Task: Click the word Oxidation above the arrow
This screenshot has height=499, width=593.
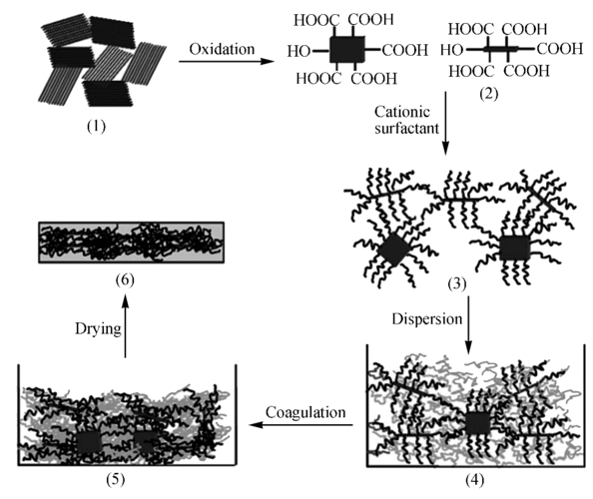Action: (x=222, y=49)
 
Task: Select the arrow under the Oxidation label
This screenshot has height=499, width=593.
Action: (x=226, y=61)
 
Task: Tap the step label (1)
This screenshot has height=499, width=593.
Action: (x=96, y=127)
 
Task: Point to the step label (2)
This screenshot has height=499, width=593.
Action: (x=488, y=94)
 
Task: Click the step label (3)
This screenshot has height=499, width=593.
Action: (x=457, y=283)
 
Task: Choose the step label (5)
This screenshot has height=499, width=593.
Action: (x=116, y=479)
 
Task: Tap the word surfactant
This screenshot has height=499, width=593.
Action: (x=406, y=129)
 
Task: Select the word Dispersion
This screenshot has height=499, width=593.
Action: (x=427, y=319)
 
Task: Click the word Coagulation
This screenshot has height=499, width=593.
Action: (x=305, y=412)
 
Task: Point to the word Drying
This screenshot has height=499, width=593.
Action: (x=98, y=329)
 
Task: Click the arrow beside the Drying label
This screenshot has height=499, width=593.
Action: (x=125, y=326)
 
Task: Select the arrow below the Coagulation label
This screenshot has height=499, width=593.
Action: (x=300, y=425)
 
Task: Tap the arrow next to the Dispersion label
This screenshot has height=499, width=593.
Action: (x=468, y=325)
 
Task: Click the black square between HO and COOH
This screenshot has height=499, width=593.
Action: (x=347, y=50)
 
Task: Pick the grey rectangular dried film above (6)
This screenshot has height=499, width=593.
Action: (x=131, y=243)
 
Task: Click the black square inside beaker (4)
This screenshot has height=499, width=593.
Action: (x=478, y=423)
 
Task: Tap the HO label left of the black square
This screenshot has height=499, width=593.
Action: (x=298, y=51)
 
